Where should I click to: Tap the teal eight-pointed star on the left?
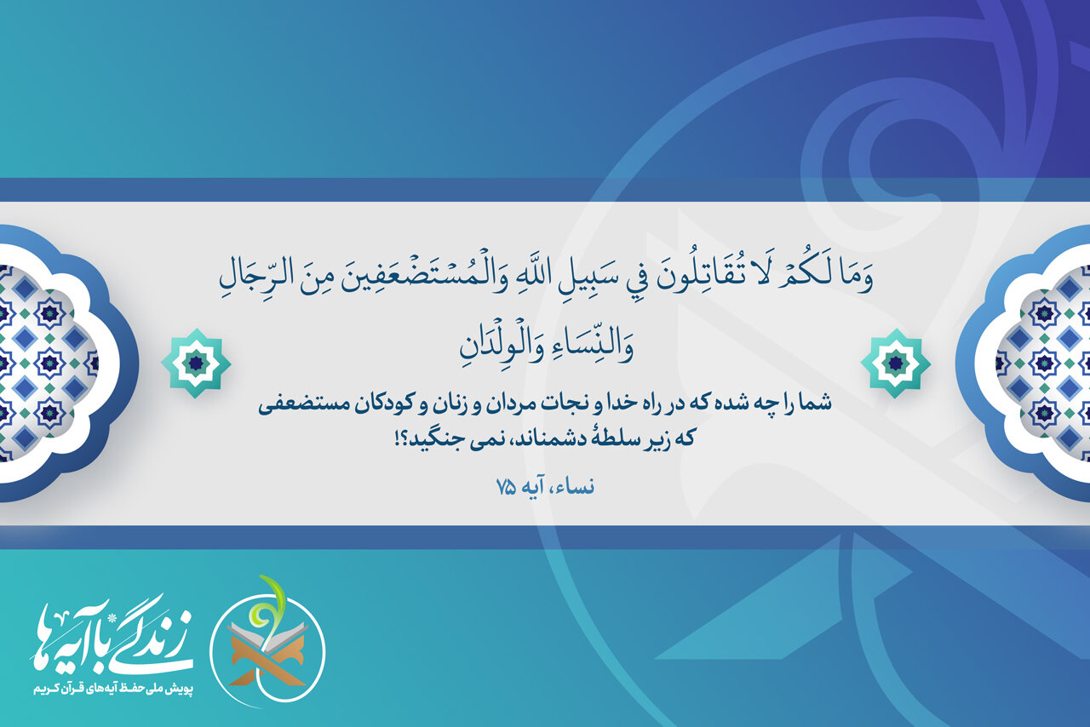(x=196, y=363)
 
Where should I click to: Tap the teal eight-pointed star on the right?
(x=895, y=363)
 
